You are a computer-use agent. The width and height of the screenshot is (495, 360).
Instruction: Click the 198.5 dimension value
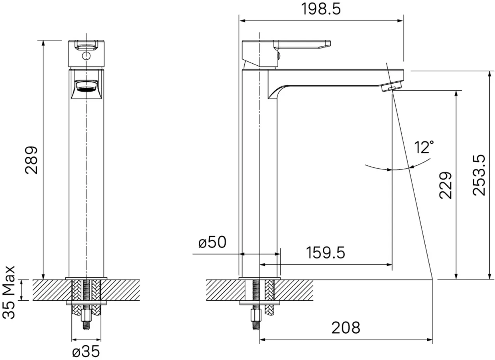coord(321,9)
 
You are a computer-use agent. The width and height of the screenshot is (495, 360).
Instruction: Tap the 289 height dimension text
coord(31,160)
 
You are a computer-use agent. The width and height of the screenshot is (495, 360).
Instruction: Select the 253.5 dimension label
coord(479,175)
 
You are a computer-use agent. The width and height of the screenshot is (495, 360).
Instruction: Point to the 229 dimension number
coord(446,186)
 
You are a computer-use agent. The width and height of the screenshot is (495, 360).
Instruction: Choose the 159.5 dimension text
coord(326,253)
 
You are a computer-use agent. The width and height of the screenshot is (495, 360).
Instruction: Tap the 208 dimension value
coord(346,328)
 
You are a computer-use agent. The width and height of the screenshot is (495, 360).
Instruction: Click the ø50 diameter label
coord(212,242)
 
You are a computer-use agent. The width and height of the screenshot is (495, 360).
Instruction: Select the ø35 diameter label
coord(86,351)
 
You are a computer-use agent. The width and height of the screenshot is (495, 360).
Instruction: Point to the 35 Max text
coord(9,292)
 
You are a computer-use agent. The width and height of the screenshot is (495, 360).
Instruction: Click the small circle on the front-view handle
coord(86,56)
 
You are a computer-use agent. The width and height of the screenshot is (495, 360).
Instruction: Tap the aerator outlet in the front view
coord(86,87)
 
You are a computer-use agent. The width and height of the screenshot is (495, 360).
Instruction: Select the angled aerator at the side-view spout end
coord(391,86)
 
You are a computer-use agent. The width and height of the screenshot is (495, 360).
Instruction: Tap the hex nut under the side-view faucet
coord(256,315)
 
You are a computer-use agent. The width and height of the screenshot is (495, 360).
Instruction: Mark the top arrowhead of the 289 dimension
coord(43,43)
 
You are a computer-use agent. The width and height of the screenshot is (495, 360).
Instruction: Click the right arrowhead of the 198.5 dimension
coord(400,21)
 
